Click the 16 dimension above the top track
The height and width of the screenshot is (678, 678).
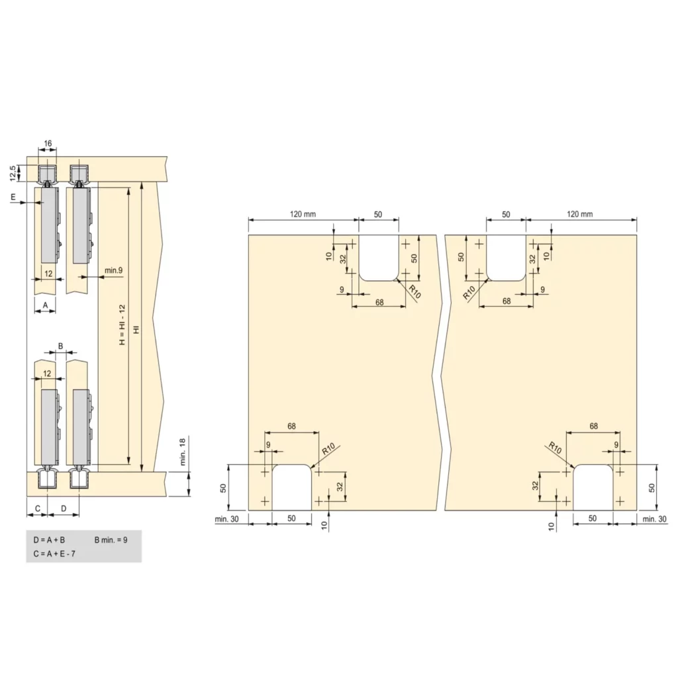48,143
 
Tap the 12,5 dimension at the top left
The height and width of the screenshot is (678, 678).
13,173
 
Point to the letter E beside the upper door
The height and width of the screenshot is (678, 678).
13,197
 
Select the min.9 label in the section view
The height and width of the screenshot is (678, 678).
113,270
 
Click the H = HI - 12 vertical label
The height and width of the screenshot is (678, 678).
122,324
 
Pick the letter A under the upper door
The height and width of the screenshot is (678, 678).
46,305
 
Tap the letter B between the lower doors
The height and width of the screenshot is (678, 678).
60,346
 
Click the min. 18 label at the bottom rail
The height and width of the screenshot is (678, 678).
183,452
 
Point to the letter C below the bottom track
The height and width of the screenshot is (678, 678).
38,508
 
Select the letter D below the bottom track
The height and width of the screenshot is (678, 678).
64,508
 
